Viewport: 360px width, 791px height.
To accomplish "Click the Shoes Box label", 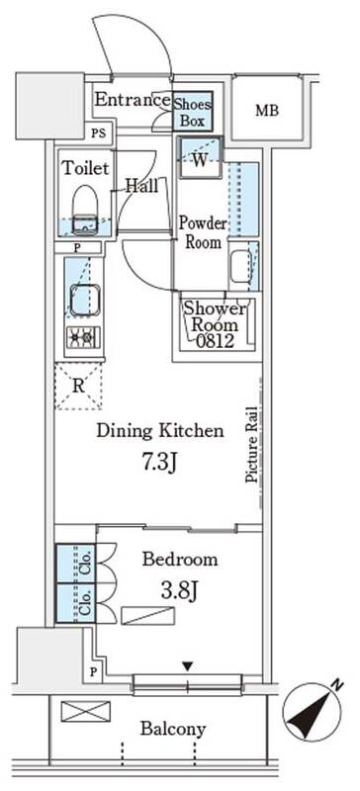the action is tap(193, 113).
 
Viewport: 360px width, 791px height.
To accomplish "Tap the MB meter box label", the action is tap(267, 111).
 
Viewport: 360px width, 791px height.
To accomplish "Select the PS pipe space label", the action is tap(99, 133).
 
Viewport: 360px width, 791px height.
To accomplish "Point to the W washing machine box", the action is tap(200, 157).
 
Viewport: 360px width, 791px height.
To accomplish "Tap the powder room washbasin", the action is tap(240, 267).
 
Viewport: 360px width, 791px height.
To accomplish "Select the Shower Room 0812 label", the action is tap(216, 325).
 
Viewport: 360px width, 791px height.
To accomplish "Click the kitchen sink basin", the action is tap(84, 301).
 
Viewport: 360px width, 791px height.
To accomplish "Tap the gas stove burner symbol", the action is tap(83, 335).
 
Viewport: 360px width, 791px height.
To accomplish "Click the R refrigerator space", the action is tap(78, 386).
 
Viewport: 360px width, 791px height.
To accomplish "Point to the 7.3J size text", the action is tap(159, 462).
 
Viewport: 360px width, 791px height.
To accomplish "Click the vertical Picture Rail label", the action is tap(251, 445).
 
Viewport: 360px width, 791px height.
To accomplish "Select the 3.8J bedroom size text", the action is tap(179, 591).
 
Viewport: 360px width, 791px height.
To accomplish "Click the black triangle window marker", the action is tap(188, 666).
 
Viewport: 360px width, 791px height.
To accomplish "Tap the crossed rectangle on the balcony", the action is tap(85, 711).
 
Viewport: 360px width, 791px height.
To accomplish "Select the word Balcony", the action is tap(173, 729).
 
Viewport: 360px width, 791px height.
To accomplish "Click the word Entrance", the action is tap(133, 100).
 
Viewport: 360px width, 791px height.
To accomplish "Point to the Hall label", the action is tap(141, 186).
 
